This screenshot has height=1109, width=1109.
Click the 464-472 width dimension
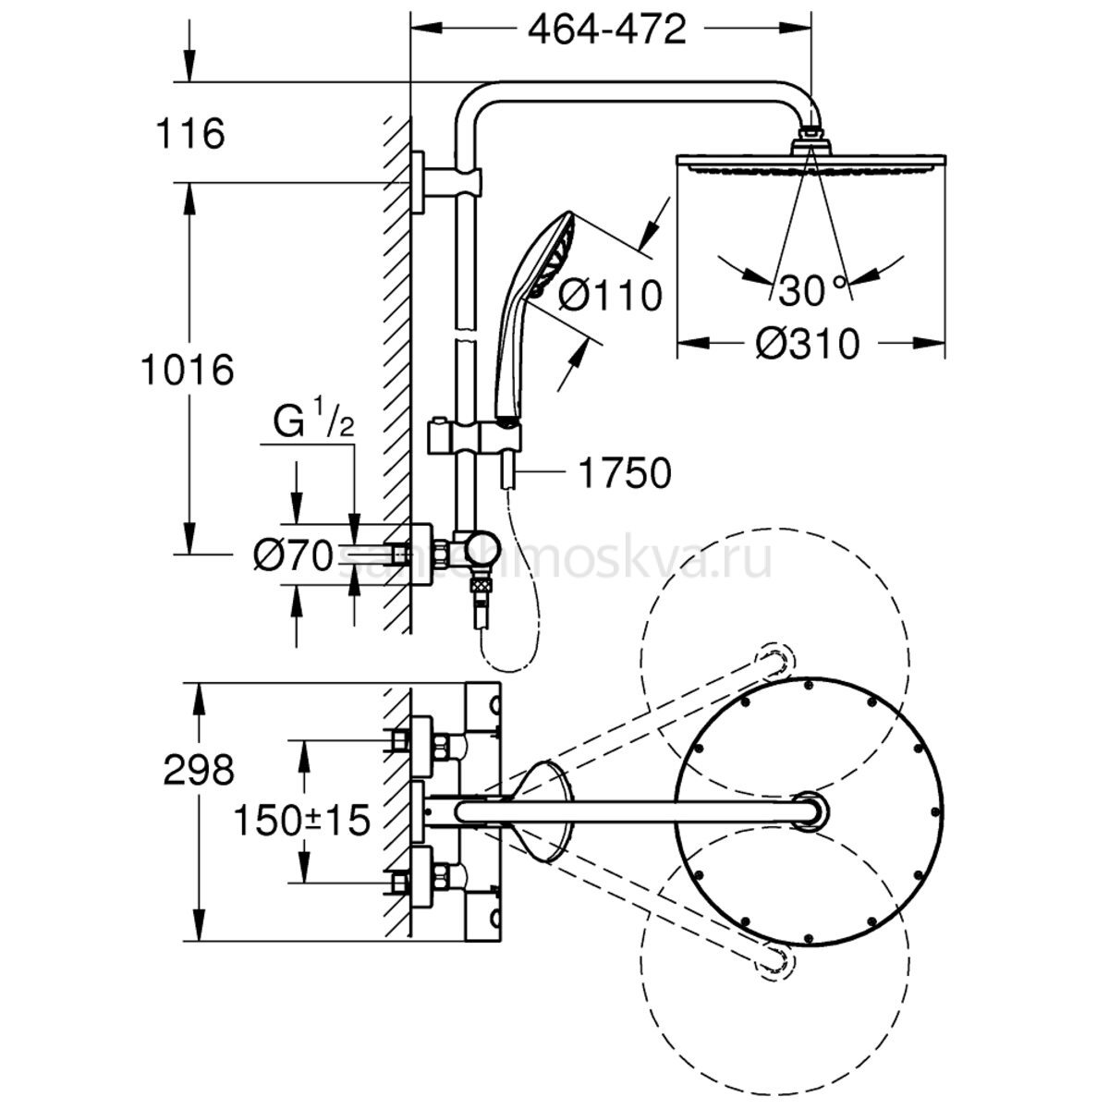click(607, 30)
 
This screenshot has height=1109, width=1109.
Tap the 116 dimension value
click(191, 135)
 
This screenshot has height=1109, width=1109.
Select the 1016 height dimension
click(187, 372)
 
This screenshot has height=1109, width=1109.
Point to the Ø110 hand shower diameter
click(612, 296)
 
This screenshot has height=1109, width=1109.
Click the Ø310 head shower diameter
click(808, 345)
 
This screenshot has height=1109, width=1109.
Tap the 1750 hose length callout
click(624, 473)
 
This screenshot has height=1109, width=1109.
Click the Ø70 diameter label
click(292, 555)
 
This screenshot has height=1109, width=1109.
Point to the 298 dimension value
click(199, 769)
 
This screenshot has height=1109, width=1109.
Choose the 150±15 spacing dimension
click(301, 818)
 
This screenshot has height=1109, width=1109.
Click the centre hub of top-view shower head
click(810, 810)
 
